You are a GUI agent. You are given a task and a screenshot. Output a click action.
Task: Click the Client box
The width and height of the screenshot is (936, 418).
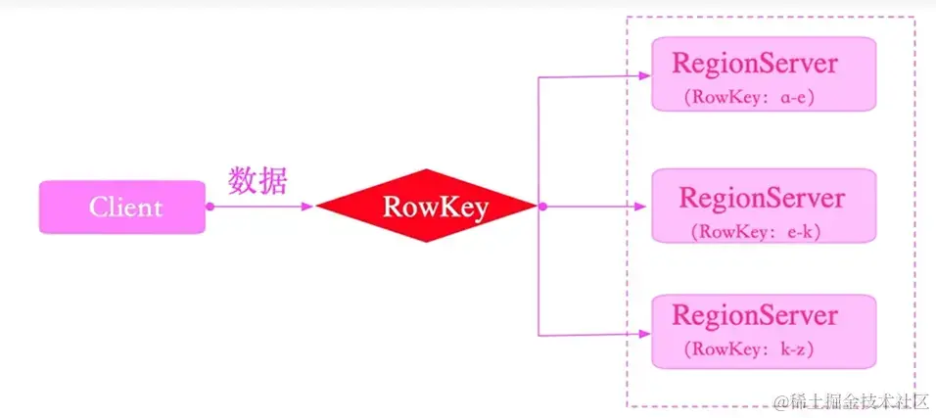pyautogui.click(x=121, y=207)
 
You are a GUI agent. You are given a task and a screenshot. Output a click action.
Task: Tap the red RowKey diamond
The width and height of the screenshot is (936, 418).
pyautogui.click(x=426, y=206)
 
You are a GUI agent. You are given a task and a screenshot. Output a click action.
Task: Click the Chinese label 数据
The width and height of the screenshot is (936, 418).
pyautogui.click(x=257, y=182)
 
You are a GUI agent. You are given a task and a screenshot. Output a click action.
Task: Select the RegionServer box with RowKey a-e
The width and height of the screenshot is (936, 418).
pyautogui.click(x=763, y=74)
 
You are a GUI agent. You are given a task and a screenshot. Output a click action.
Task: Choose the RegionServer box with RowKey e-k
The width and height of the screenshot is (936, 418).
pyautogui.click(x=763, y=206)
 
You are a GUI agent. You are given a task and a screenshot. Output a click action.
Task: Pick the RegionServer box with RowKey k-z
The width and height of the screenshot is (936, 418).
pyautogui.click(x=763, y=331)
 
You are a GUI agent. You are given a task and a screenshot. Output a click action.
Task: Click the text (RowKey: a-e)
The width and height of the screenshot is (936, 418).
pyautogui.click(x=750, y=97)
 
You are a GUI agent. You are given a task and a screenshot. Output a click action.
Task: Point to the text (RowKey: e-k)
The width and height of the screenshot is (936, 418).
pyautogui.click(x=756, y=232)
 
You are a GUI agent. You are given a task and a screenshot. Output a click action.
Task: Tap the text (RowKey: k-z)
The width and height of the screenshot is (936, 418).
pyautogui.click(x=750, y=349)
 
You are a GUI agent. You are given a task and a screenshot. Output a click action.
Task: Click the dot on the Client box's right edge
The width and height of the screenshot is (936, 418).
pyautogui.click(x=208, y=207)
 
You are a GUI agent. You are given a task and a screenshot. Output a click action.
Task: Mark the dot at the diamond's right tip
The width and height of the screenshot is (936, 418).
pyautogui.click(x=541, y=207)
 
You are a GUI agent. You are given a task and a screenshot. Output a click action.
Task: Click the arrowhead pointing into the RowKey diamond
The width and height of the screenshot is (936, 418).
pyautogui.click(x=308, y=207)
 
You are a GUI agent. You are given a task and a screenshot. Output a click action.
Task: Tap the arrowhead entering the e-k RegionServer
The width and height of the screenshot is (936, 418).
pyautogui.click(x=643, y=207)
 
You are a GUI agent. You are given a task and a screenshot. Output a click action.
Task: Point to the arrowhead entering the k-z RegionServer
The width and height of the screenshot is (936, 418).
pyautogui.click(x=643, y=334)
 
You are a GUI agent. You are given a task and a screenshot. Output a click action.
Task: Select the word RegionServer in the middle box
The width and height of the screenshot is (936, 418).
pyautogui.click(x=761, y=198)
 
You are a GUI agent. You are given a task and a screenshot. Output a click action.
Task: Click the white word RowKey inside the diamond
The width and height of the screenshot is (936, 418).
pyautogui.click(x=435, y=208)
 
